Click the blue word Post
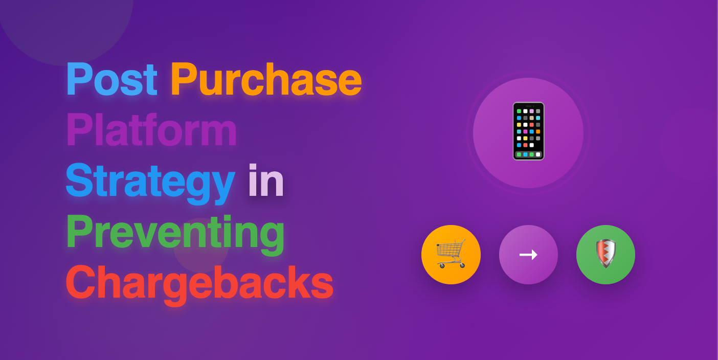click(x=111, y=80)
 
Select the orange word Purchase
click(x=266, y=80)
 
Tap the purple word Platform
click(x=151, y=130)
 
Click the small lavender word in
click(x=266, y=181)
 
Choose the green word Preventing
click(x=175, y=232)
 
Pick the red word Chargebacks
click(x=199, y=283)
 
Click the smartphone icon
click(x=528, y=131)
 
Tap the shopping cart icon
click(x=451, y=254)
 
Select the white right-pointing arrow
click(x=528, y=254)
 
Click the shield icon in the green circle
click(x=605, y=254)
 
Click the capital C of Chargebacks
click(x=79, y=283)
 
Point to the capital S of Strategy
click(x=78, y=181)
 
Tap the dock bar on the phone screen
click(x=528, y=154)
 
